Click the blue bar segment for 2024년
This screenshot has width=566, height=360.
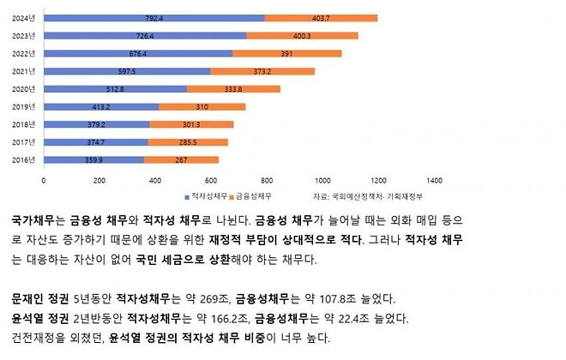click(x=154, y=17)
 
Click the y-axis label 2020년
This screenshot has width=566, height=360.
click(x=24, y=88)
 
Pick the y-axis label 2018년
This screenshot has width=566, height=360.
click(x=24, y=124)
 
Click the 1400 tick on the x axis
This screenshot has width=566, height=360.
click(x=434, y=181)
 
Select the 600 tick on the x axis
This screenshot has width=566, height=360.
click(x=211, y=181)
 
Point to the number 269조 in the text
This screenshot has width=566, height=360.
click(x=222, y=299)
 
